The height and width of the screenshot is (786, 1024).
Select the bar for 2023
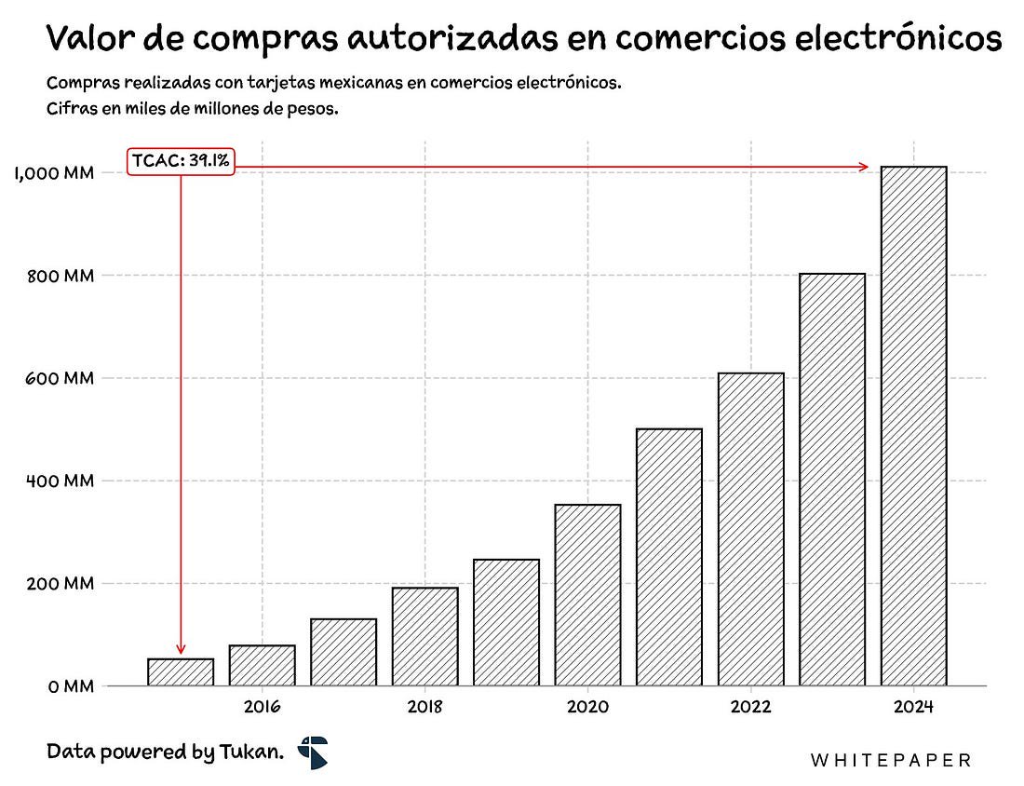[x=832, y=480]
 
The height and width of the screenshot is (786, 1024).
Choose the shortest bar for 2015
[x=181, y=672]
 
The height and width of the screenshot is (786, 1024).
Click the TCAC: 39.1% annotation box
[x=181, y=161]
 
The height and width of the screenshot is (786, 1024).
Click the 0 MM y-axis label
[x=71, y=687]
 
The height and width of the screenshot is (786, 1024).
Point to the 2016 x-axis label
[x=262, y=707]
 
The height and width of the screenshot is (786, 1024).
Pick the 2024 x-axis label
[x=913, y=707]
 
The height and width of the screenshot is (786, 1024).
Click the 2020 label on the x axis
[x=587, y=707]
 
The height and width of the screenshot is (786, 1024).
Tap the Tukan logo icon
[x=313, y=752]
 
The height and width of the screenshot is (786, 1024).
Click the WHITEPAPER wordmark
[x=891, y=761]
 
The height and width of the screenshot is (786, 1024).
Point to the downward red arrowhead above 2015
[x=181, y=648]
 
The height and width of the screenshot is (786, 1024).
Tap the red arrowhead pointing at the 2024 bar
[x=864, y=168]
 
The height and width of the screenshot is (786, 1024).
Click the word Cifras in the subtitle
[x=71, y=109]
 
